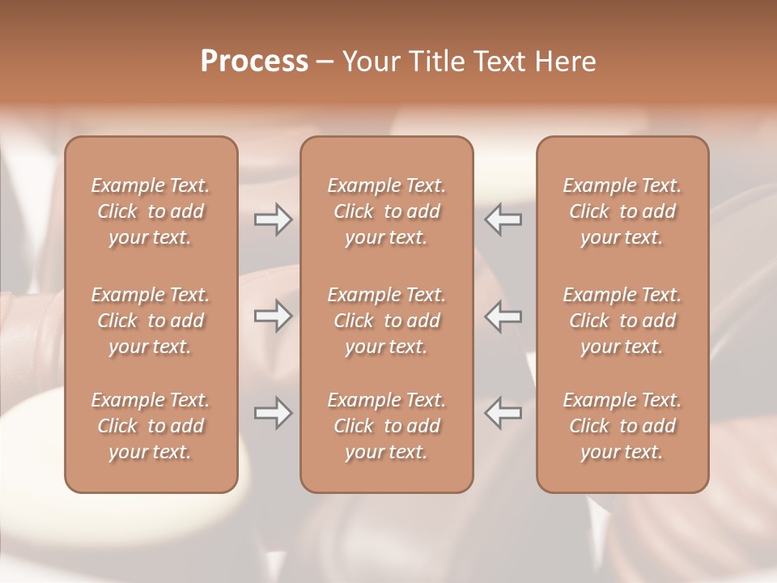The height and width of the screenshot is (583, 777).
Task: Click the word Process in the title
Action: point(254,61)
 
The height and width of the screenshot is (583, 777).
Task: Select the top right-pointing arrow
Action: point(274,219)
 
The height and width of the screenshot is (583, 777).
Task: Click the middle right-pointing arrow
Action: point(274,316)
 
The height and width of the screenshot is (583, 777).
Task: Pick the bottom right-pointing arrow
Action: point(274,413)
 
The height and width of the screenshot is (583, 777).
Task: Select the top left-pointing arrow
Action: point(503,219)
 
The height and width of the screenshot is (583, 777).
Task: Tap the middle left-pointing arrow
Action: point(503,316)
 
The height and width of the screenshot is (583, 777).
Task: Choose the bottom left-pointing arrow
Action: point(503,413)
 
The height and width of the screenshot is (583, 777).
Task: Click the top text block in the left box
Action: point(151,211)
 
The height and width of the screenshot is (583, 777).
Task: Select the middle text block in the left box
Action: point(151,321)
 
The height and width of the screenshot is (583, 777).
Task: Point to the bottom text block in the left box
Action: point(151,426)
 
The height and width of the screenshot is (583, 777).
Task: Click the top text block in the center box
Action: point(387,211)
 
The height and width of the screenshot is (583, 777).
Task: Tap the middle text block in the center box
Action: point(387,321)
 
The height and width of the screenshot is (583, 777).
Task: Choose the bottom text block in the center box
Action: point(387,426)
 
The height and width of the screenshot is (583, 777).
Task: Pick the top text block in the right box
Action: point(622,211)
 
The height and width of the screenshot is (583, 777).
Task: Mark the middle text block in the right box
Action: point(622,321)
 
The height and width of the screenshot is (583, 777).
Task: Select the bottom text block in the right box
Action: point(622,426)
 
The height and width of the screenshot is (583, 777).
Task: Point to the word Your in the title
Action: point(370,61)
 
